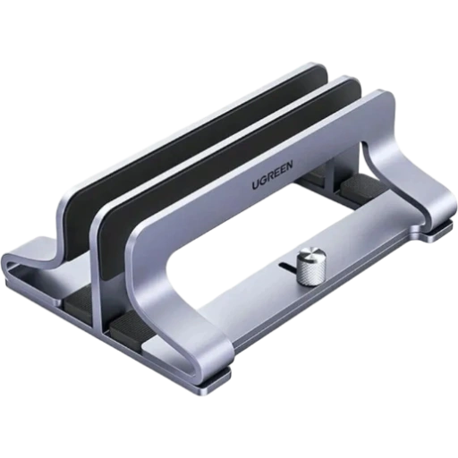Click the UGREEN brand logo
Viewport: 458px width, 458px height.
click(x=273, y=174)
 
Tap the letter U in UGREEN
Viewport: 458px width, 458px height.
click(x=256, y=185)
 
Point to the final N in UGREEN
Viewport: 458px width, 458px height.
click(x=289, y=165)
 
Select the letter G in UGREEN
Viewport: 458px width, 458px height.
click(x=262, y=181)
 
